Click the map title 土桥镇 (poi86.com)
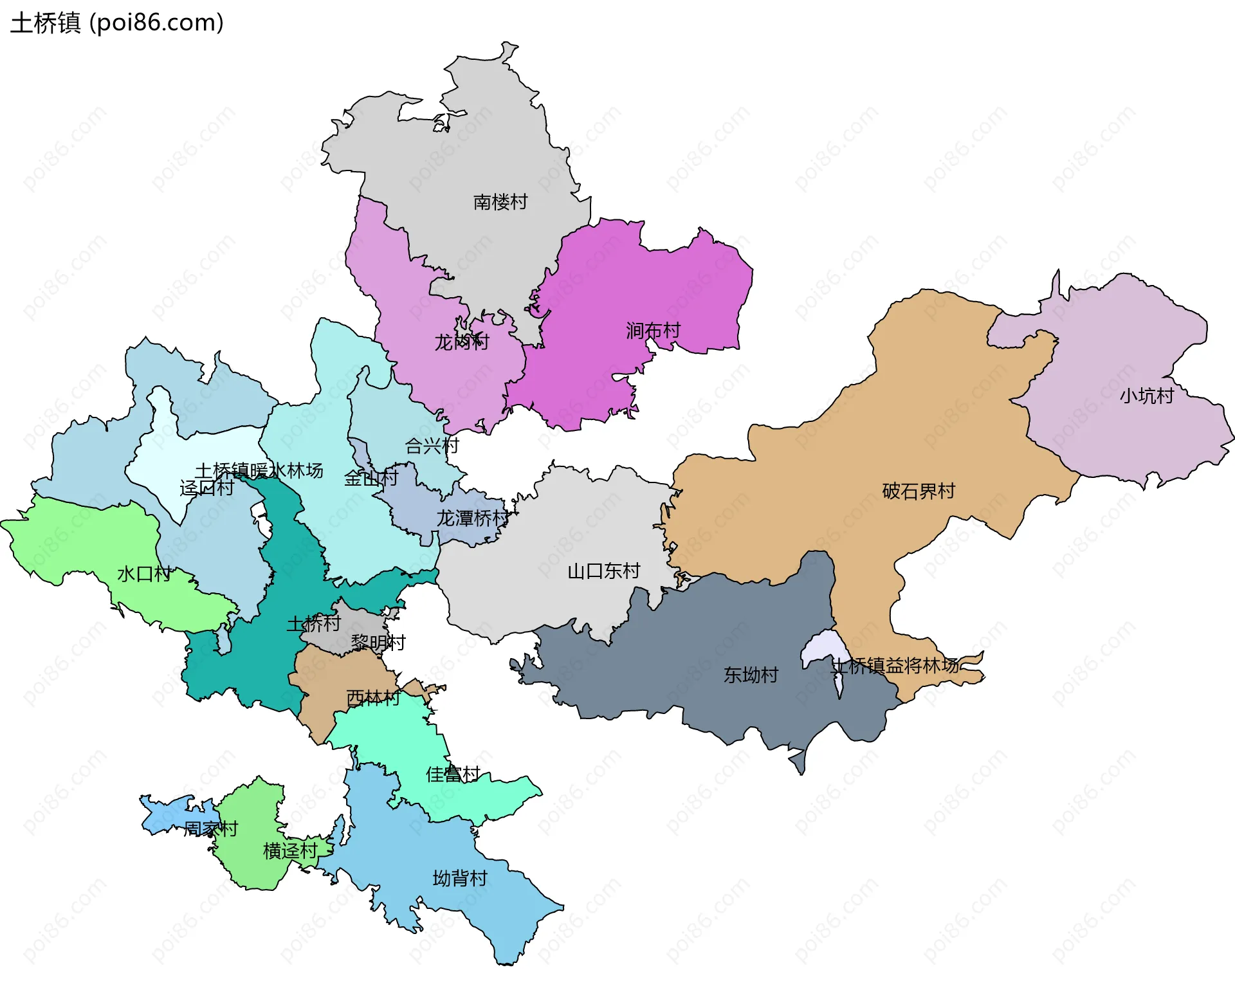coord(117,23)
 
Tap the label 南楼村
coord(500,202)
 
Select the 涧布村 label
coord(653,331)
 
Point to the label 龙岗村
coord(461,342)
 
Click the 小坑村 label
coord(1146,396)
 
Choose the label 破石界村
coord(918,491)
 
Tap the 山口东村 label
coord(603,571)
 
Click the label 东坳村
coord(751,675)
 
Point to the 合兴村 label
coord(432,445)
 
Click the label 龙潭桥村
coord(473,518)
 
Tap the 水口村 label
coord(144,574)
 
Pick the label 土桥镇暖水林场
coord(259,471)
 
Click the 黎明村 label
coord(378,643)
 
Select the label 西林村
coord(373,697)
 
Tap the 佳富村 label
coord(453,774)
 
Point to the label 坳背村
coord(459,878)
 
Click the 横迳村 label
coord(290,851)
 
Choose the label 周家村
coord(211,829)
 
